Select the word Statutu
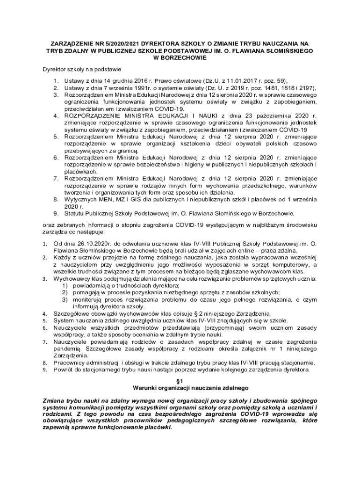[x=75, y=214]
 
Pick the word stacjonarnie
[x=294, y=362]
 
